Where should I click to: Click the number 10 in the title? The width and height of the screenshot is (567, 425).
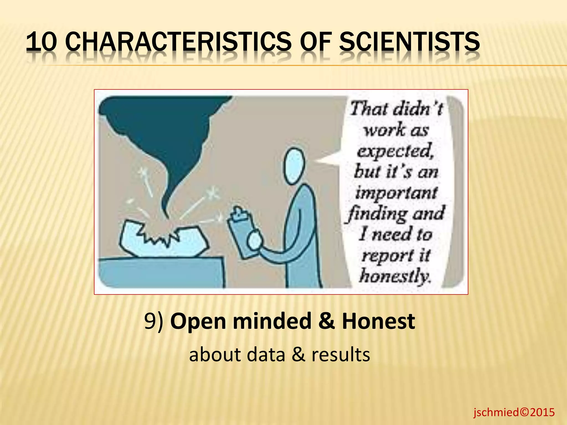[x=41, y=42]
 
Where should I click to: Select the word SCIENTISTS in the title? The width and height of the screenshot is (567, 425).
[x=409, y=42]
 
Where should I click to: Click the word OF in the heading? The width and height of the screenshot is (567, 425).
[x=316, y=42]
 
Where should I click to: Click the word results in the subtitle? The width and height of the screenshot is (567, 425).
[x=341, y=355]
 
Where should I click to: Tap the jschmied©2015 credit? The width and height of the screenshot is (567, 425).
[x=514, y=412]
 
